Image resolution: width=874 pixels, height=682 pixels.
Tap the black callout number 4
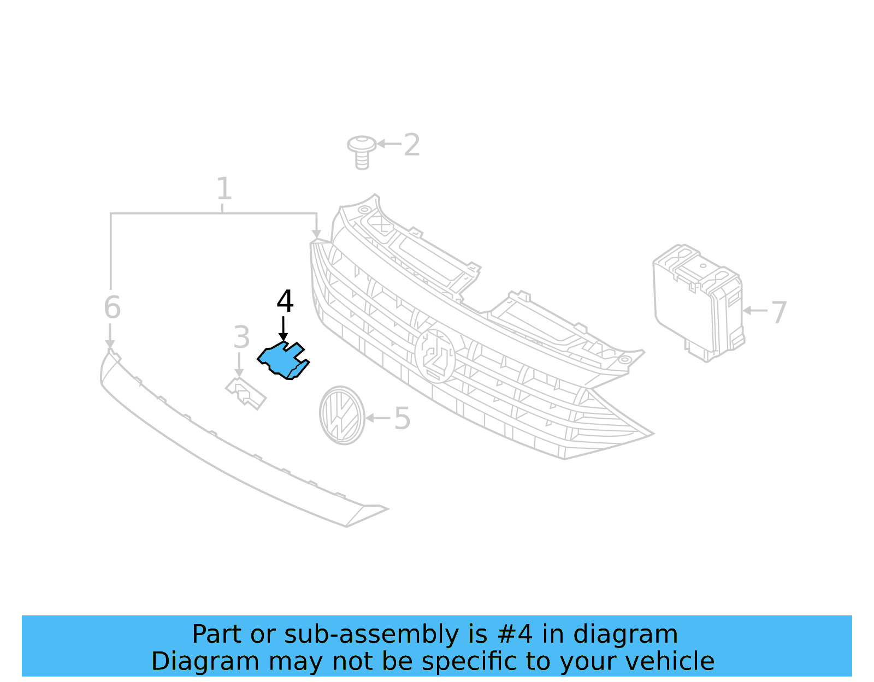coord(285,301)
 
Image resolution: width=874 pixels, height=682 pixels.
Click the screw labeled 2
coord(362,151)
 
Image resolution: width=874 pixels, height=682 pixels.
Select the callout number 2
coord(412,145)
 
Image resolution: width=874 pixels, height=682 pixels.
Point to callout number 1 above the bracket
coord(224,189)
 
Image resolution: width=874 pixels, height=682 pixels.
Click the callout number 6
coord(112,307)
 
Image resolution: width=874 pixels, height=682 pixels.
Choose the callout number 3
coord(241,337)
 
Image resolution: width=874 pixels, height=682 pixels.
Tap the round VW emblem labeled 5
coord(342,415)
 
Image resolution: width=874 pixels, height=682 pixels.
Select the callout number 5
coord(402,419)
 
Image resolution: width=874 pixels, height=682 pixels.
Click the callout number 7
coord(778,312)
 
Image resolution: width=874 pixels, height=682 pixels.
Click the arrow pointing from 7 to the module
coord(755,310)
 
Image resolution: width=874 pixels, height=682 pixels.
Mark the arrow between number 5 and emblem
coord(377,418)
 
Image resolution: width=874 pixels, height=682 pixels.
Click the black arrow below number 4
coord(283,329)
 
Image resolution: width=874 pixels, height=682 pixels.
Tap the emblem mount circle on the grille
coord(435,355)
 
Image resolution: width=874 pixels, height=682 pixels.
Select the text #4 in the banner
coord(515,634)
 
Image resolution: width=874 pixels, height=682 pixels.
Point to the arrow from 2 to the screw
coord(388,144)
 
